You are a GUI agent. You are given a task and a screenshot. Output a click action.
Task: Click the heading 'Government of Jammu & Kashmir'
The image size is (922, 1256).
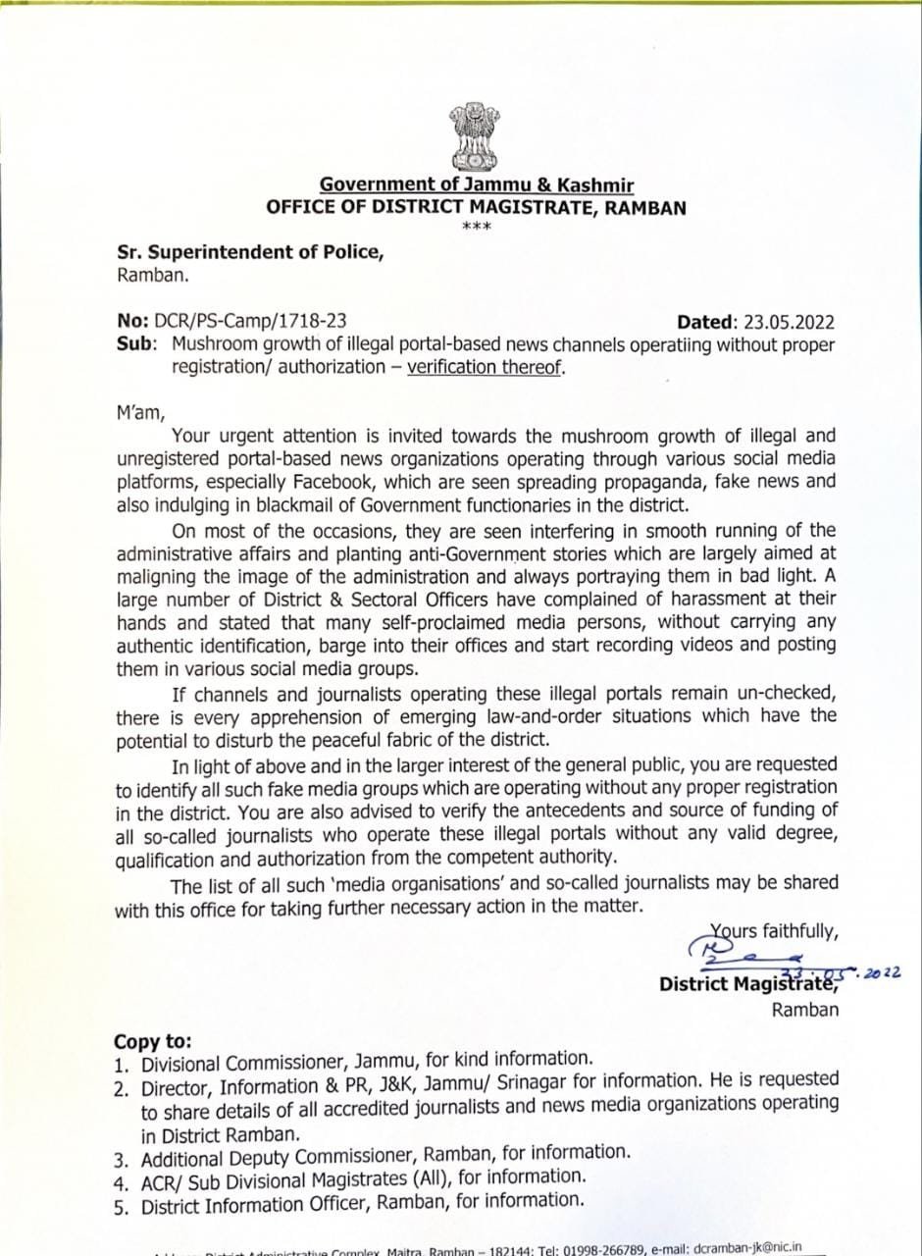coord(477,184)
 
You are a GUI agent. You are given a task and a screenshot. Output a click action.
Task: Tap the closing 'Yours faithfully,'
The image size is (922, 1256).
coord(774,931)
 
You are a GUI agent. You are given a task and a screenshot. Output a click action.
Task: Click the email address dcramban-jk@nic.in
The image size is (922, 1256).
coord(747,1247)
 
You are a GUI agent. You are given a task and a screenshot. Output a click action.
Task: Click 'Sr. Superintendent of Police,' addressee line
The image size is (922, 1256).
coord(250,251)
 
